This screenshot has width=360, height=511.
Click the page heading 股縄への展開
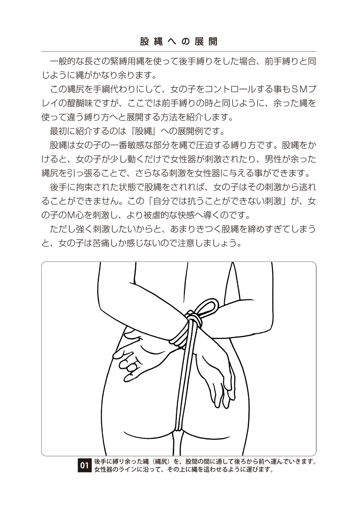179,42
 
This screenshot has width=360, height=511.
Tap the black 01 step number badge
84,465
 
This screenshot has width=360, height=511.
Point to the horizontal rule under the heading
179,52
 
